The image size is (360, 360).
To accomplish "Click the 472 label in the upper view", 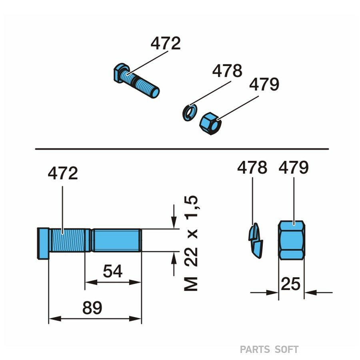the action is tap(166, 43).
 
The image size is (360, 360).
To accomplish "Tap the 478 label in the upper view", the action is tap(227, 70).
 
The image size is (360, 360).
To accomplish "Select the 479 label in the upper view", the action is tap(264, 84).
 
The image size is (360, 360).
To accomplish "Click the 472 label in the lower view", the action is tap(63, 173).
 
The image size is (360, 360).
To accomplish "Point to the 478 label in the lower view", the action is tap(252, 167).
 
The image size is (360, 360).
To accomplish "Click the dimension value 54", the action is tap(113, 271).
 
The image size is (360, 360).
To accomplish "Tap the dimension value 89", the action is tap(92, 308).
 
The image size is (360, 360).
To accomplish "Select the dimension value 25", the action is tap(290, 284).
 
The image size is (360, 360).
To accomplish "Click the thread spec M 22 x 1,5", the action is tap(191, 243).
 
